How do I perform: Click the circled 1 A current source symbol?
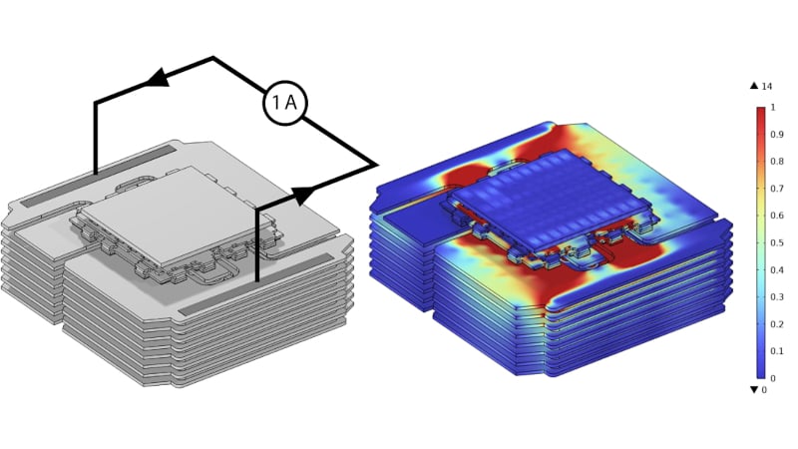point(285,103)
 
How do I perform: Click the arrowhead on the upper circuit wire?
point(158,77)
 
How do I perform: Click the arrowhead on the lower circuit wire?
point(305,195)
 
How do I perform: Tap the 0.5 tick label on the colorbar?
point(776,242)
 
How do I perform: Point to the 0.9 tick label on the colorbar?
point(776,135)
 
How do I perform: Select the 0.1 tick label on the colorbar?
point(776,351)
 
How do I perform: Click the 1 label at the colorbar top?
point(773,108)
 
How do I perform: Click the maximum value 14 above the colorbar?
point(766,86)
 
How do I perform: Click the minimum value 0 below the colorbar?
point(763,390)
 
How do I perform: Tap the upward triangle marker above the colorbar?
point(754,86)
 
